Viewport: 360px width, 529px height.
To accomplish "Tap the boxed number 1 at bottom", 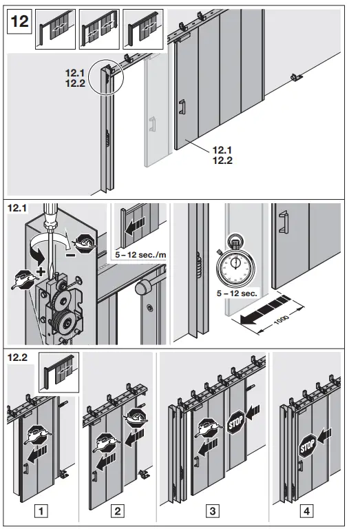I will click(x=41, y=511).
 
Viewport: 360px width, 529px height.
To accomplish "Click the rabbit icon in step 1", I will click(x=43, y=435).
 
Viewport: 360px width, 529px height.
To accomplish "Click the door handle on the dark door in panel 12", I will click(x=182, y=109).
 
